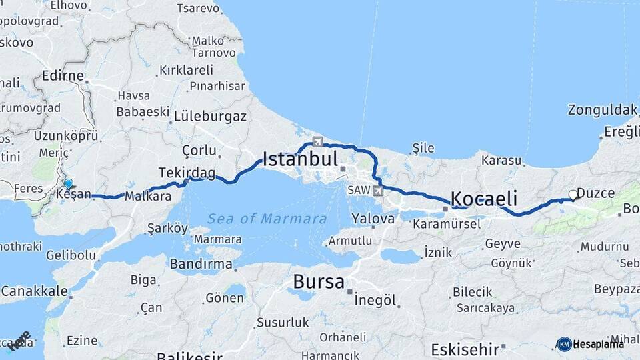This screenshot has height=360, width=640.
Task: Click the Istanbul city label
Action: (x=300, y=159)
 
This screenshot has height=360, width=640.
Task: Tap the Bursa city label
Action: (x=319, y=282)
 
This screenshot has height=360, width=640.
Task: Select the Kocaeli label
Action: (x=484, y=199)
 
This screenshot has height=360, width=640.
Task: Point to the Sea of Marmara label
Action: (x=267, y=219)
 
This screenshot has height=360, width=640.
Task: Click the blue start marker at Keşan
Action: (x=68, y=184)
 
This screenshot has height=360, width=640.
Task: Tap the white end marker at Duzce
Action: (x=573, y=195)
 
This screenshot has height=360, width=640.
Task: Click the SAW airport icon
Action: (x=379, y=191)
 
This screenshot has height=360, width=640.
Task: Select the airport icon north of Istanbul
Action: (x=318, y=141)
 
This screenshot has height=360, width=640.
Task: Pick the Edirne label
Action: (x=62, y=76)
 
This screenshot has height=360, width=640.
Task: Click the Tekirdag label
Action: (x=187, y=173)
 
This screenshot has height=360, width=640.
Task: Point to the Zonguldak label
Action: (x=603, y=110)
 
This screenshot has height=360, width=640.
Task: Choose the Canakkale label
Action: (x=34, y=291)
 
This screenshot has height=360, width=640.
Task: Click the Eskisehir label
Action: (x=465, y=349)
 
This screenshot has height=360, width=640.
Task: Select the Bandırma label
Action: (x=201, y=265)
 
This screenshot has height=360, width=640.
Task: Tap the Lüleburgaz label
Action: (x=210, y=116)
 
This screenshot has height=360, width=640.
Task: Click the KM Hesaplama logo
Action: (x=590, y=344)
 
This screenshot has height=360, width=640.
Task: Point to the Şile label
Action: (x=423, y=147)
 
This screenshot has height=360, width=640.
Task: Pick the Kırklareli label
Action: (x=186, y=70)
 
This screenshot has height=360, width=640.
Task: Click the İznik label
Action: (x=438, y=252)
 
